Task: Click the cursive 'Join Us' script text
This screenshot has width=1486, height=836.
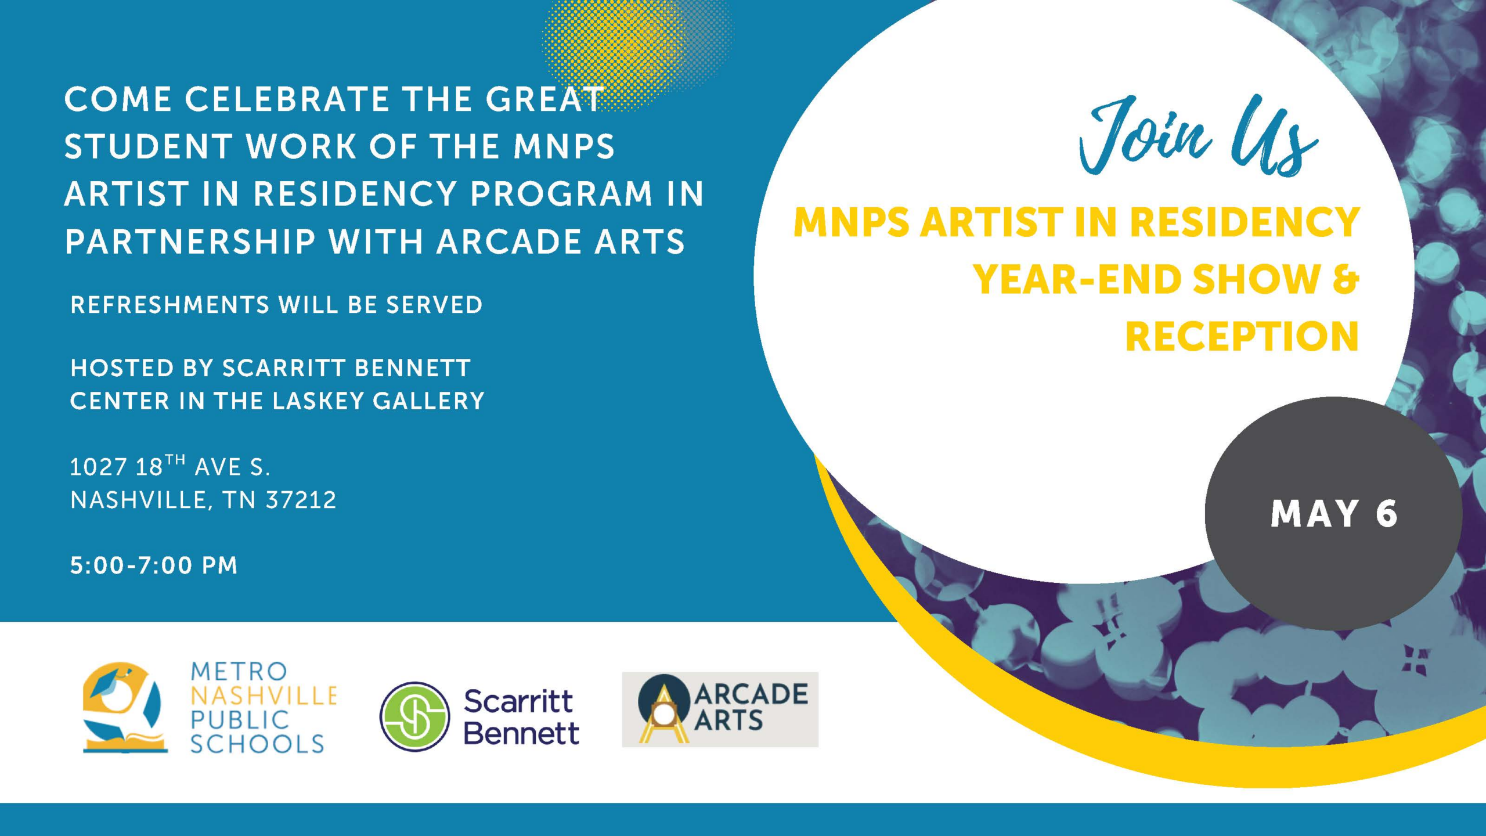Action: coord(1198,136)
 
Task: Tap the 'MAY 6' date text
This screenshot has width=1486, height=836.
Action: coord(1334,514)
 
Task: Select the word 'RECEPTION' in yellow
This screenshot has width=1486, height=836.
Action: coord(1242,336)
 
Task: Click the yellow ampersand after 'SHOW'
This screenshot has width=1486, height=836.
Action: coord(1346,279)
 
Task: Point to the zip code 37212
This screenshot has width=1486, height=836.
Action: coord(301,500)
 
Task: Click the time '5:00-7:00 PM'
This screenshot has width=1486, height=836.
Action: coord(154,565)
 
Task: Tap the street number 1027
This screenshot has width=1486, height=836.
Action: coord(98,467)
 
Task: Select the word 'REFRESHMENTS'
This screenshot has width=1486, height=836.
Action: coord(170,305)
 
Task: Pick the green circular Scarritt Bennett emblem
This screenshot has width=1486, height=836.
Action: coord(414,716)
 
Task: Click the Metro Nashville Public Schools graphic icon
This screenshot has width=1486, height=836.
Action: coord(125,708)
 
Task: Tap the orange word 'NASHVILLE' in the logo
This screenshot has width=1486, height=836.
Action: coord(264,696)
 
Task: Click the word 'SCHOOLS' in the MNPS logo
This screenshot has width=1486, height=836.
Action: coord(257,744)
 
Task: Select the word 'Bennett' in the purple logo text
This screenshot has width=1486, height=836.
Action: coord(521,733)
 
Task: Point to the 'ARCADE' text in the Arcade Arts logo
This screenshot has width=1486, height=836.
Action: coord(751,694)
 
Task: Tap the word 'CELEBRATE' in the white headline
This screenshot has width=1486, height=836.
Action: coord(287,99)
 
